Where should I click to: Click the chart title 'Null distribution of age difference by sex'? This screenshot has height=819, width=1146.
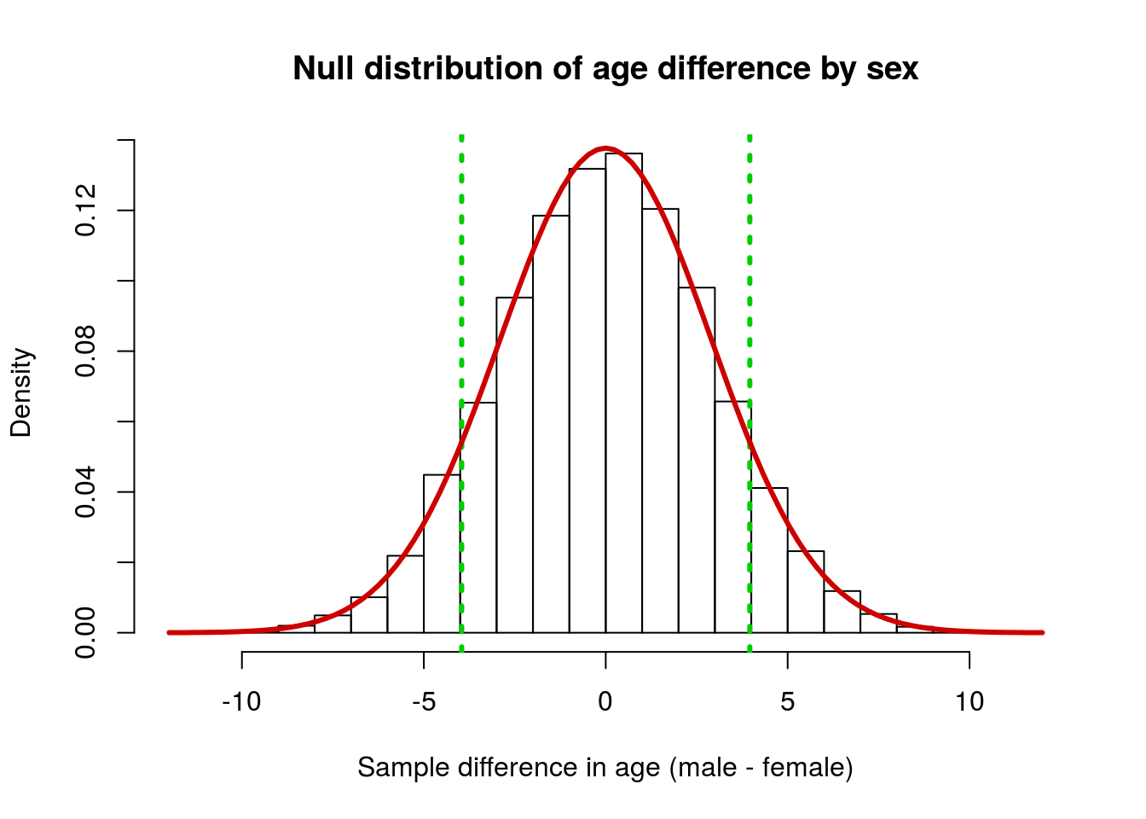pyautogui.click(x=605, y=68)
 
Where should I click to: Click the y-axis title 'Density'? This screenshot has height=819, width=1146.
pyautogui.click(x=21, y=392)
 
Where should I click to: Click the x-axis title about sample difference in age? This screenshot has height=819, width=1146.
pyautogui.click(x=605, y=767)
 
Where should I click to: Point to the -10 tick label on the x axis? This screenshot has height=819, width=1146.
pyautogui.click(x=241, y=701)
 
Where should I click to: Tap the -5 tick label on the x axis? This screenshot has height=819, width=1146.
pyautogui.click(x=424, y=701)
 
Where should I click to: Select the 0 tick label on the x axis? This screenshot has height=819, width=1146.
pyautogui.click(x=605, y=701)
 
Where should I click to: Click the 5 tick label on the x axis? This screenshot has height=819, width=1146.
pyautogui.click(x=787, y=701)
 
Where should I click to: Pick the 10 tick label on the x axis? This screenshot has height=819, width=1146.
pyautogui.click(x=969, y=701)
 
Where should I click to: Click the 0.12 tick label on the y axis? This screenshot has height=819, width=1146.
pyautogui.click(x=85, y=211)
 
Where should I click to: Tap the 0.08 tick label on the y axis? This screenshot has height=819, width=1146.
pyautogui.click(x=85, y=351)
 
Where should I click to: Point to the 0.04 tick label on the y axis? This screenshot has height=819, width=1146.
pyautogui.click(x=85, y=492)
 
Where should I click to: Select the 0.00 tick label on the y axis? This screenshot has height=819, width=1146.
pyautogui.click(x=85, y=633)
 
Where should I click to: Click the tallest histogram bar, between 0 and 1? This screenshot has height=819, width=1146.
pyautogui.click(x=623, y=393)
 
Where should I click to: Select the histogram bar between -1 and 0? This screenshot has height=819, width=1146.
pyautogui.click(x=587, y=401)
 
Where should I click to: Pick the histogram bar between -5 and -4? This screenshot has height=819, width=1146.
pyautogui.click(x=442, y=554)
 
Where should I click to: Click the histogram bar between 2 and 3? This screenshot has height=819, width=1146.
pyautogui.click(x=697, y=460)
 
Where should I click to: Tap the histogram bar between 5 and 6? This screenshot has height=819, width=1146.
pyautogui.click(x=806, y=592)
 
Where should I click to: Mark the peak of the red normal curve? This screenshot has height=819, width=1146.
pyautogui.click(x=605, y=148)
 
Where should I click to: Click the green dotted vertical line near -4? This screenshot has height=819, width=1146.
pyautogui.click(x=461, y=393)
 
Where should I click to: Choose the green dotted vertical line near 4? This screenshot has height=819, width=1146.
pyautogui.click(x=750, y=393)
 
